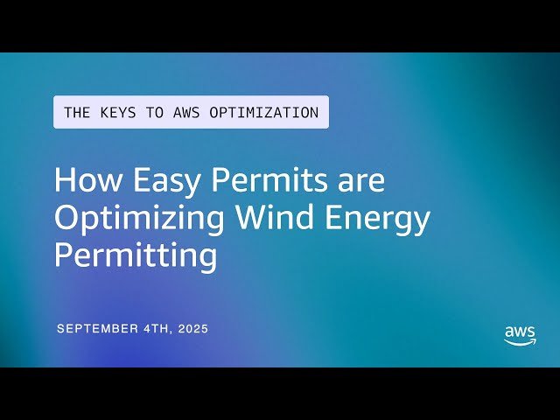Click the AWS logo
(x=520, y=335)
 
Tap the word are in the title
(x=360, y=181)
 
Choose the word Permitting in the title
(x=135, y=256)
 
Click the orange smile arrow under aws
(x=520, y=342)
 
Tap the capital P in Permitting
(x=64, y=255)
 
